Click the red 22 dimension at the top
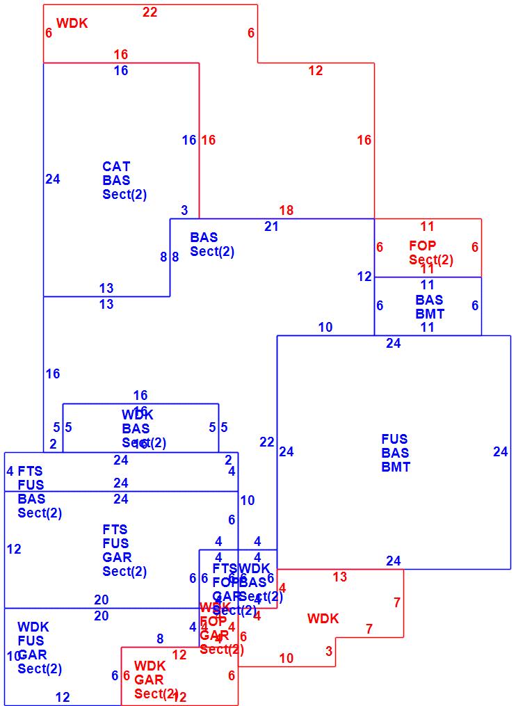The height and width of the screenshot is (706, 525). [x=150, y=12]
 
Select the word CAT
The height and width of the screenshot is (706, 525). [x=116, y=167]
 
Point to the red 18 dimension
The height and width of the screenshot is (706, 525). [x=286, y=210]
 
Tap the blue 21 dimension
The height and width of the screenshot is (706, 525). [x=271, y=225]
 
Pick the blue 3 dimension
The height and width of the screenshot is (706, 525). [x=184, y=210]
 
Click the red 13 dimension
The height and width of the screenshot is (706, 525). [x=339, y=577]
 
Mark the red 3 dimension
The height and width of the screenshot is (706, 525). [x=329, y=652]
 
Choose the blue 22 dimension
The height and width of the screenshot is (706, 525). [x=267, y=442]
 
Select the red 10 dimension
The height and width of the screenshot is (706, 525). [x=286, y=658]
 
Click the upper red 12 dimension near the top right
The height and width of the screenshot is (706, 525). [x=316, y=70]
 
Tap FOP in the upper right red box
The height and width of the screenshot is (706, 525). [x=423, y=246]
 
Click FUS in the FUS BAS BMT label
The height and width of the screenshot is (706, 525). [x=394, y=440]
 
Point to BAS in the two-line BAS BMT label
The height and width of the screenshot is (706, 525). [x=429, y=300]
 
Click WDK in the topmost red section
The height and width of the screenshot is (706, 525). [x=72, y=24]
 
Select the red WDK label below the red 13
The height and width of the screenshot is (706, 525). [x=323, y=618]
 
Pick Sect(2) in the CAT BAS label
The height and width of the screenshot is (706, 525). [x=124, y=195]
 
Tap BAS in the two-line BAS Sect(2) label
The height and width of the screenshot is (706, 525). [x=204, y=238]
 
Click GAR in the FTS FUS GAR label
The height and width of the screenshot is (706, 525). [x=117, y=558]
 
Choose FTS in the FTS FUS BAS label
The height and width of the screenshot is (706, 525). [x=31, y=472]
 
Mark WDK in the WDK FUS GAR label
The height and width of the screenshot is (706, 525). [x=33, y=627]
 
